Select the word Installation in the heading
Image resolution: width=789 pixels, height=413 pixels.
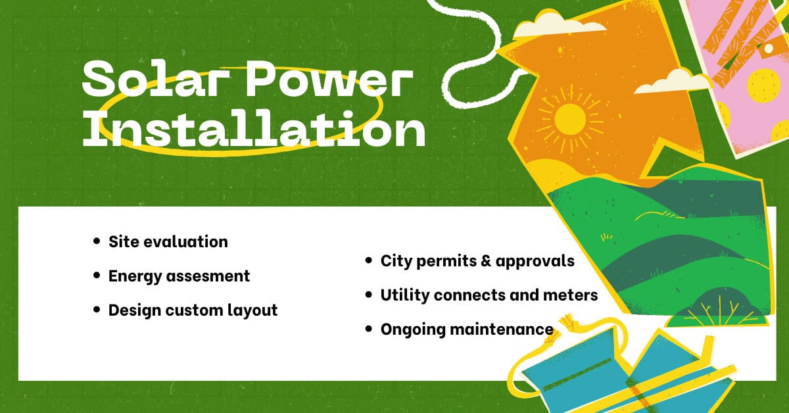click(254, 129)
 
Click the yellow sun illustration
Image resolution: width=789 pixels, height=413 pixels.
click(569, 119)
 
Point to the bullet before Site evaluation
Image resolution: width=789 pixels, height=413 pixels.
click(97, 241)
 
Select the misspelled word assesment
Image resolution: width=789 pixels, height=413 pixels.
click(208, 276)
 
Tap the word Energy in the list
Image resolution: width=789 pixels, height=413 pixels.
click(135, 277)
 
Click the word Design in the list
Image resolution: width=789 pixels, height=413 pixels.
click(134, 311)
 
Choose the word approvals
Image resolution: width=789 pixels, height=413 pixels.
click(535, 262)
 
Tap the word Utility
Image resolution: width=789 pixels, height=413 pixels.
click(405, 295)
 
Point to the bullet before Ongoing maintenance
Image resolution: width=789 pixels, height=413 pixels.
click(369, 329)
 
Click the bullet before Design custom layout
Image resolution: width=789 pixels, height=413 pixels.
click(97, 310)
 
